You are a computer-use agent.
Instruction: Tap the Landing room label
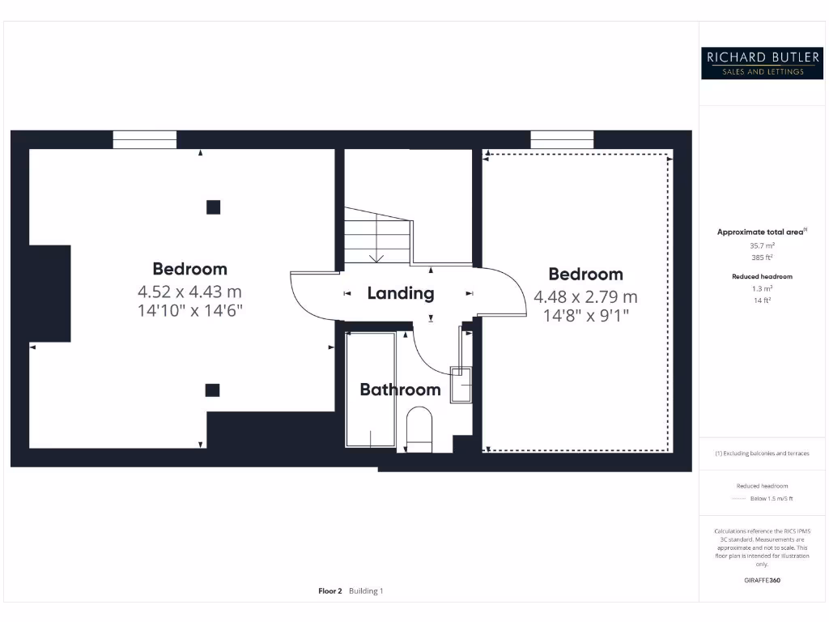tap(401, 293)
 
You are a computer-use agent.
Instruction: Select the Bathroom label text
tap(400, 390)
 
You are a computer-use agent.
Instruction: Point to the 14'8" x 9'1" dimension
tap(585, 314)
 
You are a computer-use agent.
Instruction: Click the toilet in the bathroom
tap(419, 429)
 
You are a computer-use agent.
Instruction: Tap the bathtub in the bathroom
tap(370, 390)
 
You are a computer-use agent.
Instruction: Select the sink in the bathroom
tap(461, 383)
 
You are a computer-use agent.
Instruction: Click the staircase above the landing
tap(377, 236)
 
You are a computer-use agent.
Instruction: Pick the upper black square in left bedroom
tap(213, 207)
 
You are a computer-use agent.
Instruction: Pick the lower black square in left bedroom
tap(212, 390)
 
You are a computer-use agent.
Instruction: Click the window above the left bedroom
tap(144, 139)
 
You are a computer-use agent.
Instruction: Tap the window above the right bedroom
tap(562, 139)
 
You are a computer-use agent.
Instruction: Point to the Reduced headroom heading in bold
tap(762, 276)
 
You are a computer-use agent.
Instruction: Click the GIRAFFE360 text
tap(762, 580)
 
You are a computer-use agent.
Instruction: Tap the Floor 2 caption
tap(331, 591)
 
